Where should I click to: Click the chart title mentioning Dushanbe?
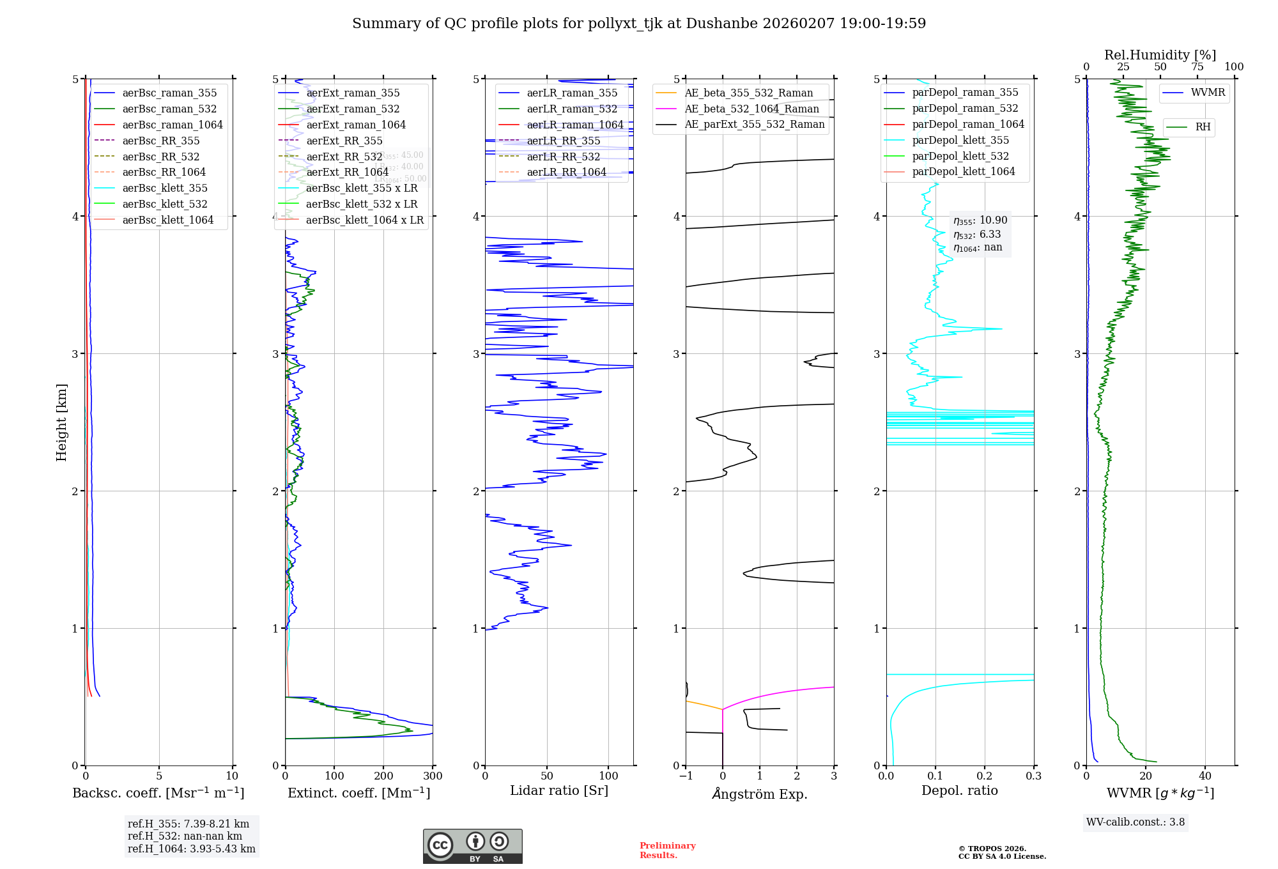pyautogui.click(x=639, y=24)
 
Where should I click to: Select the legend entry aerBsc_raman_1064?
pyautogui.click(x=173, y=125)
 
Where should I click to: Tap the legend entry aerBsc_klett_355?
pyautogui.click(x=165, y=188)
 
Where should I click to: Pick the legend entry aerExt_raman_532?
pyautogui.click(x=353, y=109)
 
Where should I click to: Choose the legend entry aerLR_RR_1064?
pyautogui.click(x=566, y=172)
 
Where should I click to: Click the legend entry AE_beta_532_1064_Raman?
pyautogui.click(x=751, y=109)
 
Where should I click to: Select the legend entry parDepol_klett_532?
pyautogui.click(x=960, y=156)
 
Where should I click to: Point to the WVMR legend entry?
pyautogui.click(x=1208, y=93)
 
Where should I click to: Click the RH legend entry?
pyautogui.click(x=1203, y=127)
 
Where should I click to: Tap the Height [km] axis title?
pyautogui.click(x=61, y=422)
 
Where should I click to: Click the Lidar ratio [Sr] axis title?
pyautogui.click(x=559, y=790)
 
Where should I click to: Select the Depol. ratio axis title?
pyautogui.click(x=959, y=790)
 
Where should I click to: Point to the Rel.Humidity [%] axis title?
pyautogui.click(x=1160, y=55)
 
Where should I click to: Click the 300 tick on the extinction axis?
pyautogui.click(x=433, y=776)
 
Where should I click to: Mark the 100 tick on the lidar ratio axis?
pyautogui.click(x=608, y=776)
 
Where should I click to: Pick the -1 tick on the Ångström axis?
pyautogui.click(x=686, y=776)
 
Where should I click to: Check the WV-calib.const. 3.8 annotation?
pyautogui.click(x=1136, y=822)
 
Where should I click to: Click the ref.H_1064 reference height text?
pyautogui.click(x=191, y=849)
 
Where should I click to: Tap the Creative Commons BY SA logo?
pyautogui.click(x=472, y=847)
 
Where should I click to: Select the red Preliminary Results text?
pyautogui.click(x=667, y=850)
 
